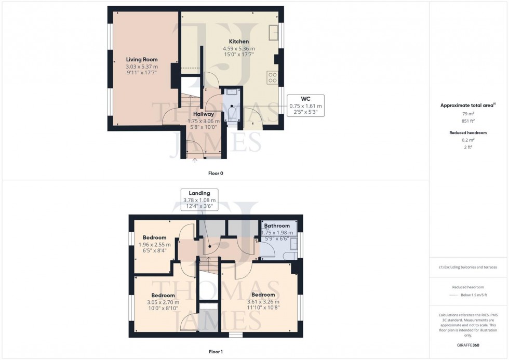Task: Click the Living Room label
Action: coord(141,60)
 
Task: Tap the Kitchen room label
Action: coord(239,42)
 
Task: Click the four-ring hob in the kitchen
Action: coord(272,77)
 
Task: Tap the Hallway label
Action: coord(204,114)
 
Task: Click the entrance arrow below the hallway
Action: coord(195,161)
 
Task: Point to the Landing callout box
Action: coord(200,199)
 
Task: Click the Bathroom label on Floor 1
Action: coord(277,226)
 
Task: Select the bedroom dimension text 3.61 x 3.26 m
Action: coord(262,302)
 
